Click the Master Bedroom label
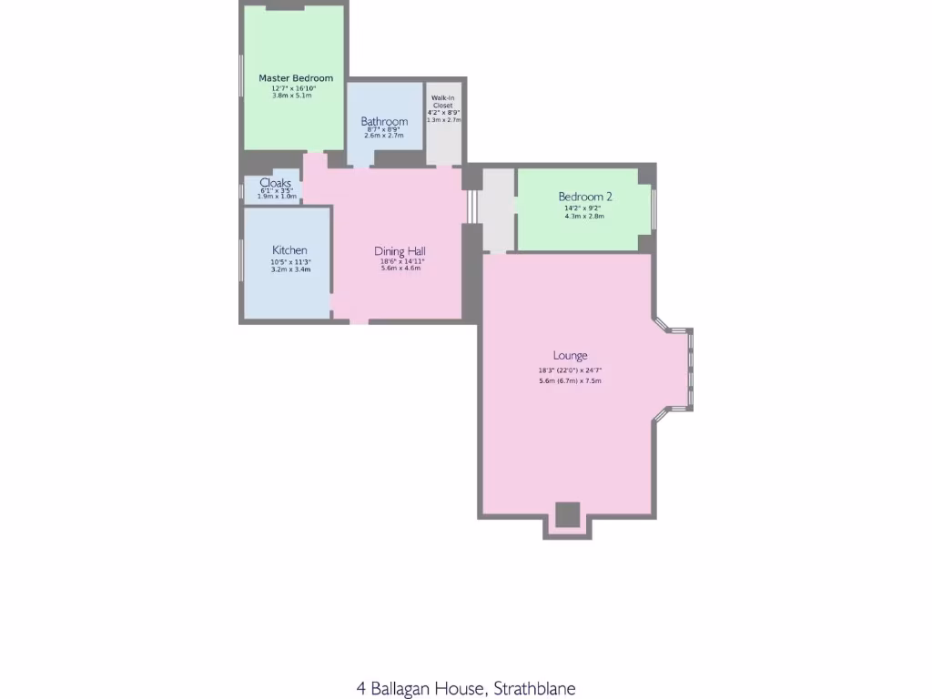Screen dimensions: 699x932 (296, 78)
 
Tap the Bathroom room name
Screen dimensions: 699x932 (384, 121)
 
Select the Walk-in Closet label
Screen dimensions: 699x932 (443, 101)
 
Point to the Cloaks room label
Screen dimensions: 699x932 (276, 183)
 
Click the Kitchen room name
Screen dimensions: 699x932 (289, 250)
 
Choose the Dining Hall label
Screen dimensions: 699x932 (400, 251)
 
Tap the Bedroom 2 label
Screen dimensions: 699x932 (585, 197)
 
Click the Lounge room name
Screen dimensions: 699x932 (570, 356)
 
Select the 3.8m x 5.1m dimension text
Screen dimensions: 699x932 (291, 95)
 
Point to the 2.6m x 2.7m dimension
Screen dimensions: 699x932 (383, 136)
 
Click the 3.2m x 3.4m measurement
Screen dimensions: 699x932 (289, 269)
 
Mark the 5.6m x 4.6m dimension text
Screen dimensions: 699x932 (400, 268)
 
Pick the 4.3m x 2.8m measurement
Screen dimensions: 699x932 (584, 216)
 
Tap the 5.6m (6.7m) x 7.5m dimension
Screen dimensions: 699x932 (570, 380)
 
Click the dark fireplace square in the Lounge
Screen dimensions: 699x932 (567, 514)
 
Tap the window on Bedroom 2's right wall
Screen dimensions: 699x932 (653, 209)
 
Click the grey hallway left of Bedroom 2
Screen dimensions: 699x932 (497, 209)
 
